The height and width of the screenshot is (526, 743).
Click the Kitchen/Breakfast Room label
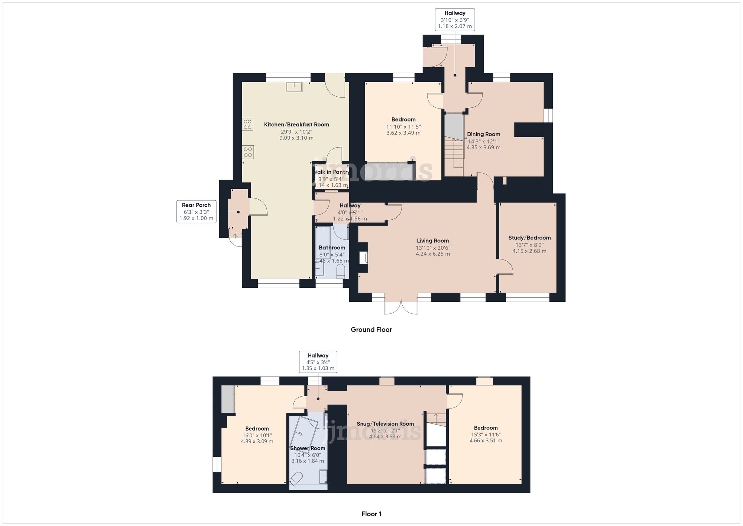(296, 125)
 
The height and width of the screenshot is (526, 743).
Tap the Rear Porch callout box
(196, 212)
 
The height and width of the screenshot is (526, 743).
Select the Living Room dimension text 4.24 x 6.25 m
(433, 254)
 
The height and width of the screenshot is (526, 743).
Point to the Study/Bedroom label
(529, 238)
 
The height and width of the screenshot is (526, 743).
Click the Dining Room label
(483, 134)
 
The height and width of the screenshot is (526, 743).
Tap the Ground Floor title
(371, 329)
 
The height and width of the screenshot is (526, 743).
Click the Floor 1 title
(371, 514)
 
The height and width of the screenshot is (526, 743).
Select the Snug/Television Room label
(385, 424)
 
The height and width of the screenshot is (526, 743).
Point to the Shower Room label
(308, 448)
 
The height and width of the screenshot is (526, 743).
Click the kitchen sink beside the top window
(294, 87)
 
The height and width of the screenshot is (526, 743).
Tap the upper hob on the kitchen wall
(248, 124)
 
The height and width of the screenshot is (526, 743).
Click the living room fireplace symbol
(363, 258)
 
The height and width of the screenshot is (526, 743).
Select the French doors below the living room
(401, 306)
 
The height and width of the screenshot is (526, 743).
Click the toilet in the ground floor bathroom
(341, 273)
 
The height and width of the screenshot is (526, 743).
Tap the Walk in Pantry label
(331, 172)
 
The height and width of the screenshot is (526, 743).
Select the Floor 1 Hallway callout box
(318, 362)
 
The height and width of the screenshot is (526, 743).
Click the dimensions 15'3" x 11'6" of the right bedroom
(486, 434)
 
